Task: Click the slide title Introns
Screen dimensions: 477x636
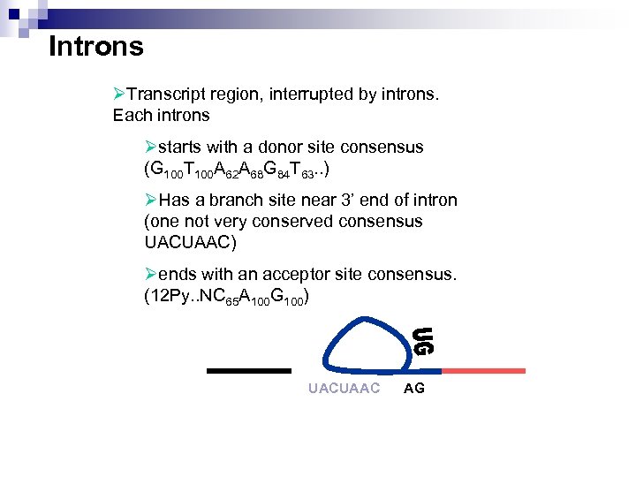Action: tap(95, 46)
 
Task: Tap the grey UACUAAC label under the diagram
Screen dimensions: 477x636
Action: tap(344, 389)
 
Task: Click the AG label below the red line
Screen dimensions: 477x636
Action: tap(413, 389)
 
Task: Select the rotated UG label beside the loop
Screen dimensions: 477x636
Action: tap(425, 341)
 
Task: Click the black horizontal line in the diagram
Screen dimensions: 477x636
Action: tap(248, 370)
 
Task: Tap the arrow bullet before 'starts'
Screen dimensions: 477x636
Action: tap(151, 147)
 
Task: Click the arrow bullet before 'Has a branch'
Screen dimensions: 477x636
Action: tap(151, 200)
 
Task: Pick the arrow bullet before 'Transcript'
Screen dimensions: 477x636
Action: tap(120, 94)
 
